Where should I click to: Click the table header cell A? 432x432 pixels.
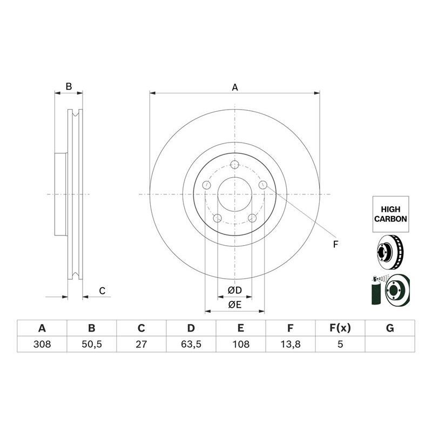coord(42,328)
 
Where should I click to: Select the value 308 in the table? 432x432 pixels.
coord(42,344)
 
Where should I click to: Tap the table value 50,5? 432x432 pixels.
coord(92,344)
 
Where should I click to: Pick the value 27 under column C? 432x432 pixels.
coord(141,344)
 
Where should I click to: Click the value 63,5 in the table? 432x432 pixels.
coord(191,344)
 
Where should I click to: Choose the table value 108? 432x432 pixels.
coord(241,344)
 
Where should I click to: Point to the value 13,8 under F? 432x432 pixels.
coord(291,344)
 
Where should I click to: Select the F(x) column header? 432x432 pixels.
coord(340,328)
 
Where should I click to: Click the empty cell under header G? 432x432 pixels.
coord(390,344)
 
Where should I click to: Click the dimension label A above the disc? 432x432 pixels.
coord(235,86)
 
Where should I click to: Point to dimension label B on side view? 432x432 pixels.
coord(69,86)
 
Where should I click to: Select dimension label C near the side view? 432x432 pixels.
coord(102,291)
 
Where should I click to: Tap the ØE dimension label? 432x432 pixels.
coord(234,305)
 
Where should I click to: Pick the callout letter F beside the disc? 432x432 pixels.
coord(335,245)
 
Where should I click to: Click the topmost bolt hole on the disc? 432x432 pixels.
coord(234,165)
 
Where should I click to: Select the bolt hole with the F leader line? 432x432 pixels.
coord(263,185)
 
